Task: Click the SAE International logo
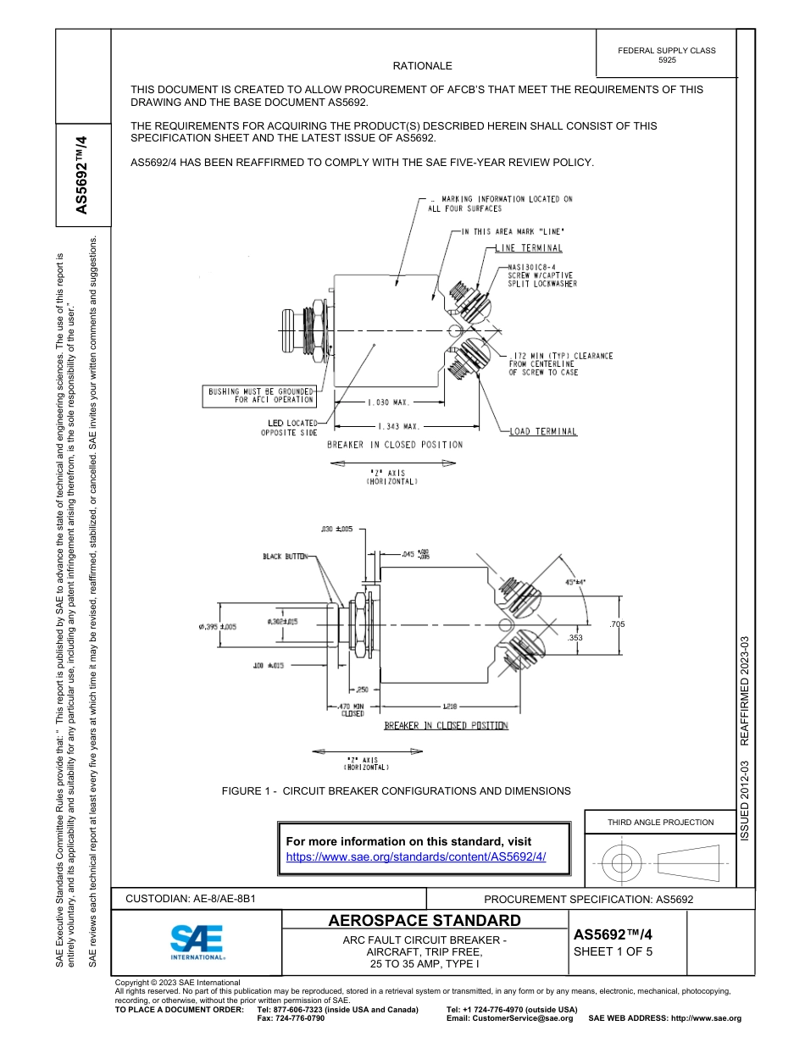pyautogui.click(x=197, y=941)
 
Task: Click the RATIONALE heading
pyautogui.click(x=422, y=65)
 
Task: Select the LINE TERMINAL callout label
pyautogui.click(x=529, y=248)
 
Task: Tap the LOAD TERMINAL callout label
pyautogui.click(x=543, y=431)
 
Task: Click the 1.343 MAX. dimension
pyautogui.click(x=398, y=427)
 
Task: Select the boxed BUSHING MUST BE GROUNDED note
pyautogui.click(x=260, y=395)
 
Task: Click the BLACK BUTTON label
pyautogui.click(x=285, y=557)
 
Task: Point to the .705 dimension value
pyautogui.click(x=617, y=624)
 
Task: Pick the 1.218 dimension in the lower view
pyautogui.click(x=451, y=706)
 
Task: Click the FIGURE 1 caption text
pyautogui.click(x=396, y=790)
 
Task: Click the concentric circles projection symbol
pyautogui.click(x=622, y=863)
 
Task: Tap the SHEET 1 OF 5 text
pyautogui.click(x=613, y=951)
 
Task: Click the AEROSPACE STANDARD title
pyautogui.click(x=424, y=921)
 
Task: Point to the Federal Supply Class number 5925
pyautogui.click(x=667, y=60)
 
